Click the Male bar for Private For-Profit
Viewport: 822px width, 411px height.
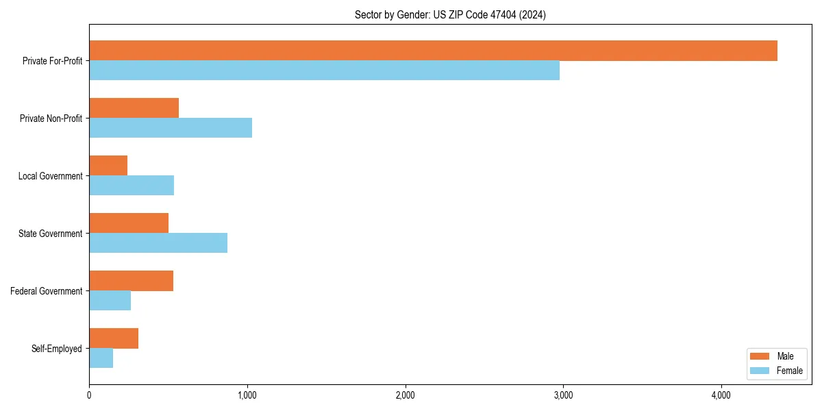tap(433, 51)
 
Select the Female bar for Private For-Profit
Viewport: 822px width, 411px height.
tap(324, 71)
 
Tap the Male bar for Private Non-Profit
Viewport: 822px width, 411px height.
tap(134, 108)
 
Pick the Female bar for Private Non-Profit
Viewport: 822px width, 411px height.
tap(171, 128)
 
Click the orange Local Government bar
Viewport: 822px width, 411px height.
tap(108, 166)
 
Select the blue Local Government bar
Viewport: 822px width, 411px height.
tap(132, 186)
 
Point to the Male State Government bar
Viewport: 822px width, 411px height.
tap(129, 223)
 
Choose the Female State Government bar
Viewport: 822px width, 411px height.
tap(158, 243)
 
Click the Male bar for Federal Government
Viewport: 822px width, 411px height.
tap(131, 281)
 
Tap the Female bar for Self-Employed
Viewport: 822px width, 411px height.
tap(101, 358)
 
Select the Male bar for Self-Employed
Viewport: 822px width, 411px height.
tap(114, 338)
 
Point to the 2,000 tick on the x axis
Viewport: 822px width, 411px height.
tap(405, 395)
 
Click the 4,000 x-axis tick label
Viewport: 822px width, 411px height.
tap(721, 395)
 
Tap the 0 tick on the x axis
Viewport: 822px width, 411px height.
tap(89, 395)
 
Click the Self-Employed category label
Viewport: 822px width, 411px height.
tap(57, 349)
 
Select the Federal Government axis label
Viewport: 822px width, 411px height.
tap(47, 291)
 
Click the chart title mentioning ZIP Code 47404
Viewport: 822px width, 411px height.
tap(450, 14)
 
